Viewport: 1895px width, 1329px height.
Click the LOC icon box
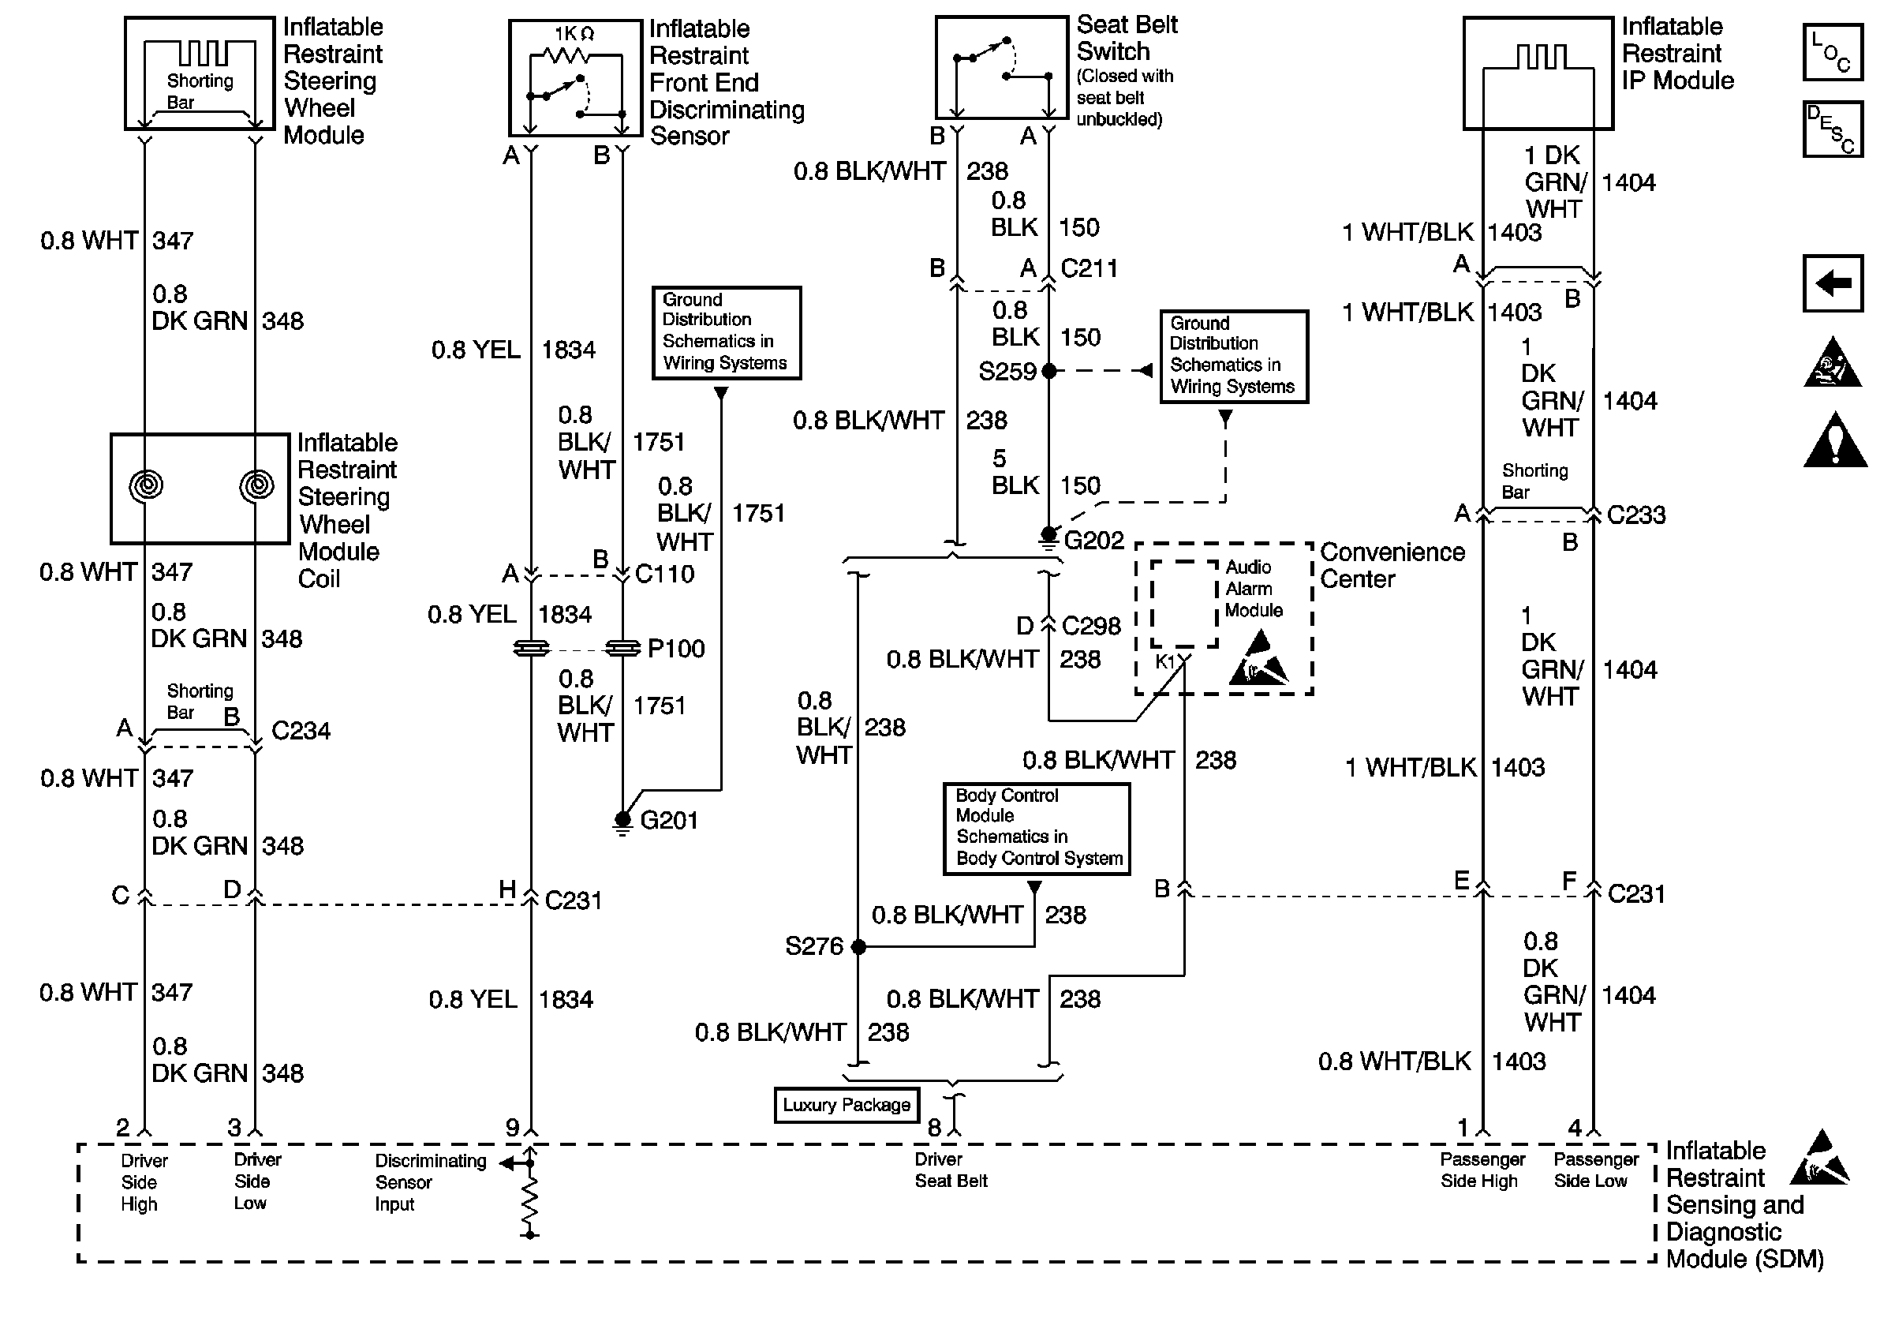click(x=1832, y=52)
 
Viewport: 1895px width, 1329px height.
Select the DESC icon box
click(x=1832, y=129)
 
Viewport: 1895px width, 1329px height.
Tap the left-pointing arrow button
click(x=1832, y=283)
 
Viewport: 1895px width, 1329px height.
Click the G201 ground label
click(x=668, y=821)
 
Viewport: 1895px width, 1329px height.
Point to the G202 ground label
click(x=1093, y=541)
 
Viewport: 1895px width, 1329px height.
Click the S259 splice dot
click(x=1049, y=372)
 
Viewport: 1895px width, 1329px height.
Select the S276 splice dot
click(x=858, y=947)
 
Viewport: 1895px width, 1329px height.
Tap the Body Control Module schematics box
click(x=1037, y=829)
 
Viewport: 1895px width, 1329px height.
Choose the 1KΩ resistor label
click(x=574, y=34)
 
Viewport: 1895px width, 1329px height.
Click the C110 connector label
click(x=664, y=574)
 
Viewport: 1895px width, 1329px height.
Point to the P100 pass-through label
click(x=676, y=649)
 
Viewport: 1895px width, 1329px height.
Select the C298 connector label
click(x=1091, y=627)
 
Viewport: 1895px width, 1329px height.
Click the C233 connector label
click(x=1636, y=515)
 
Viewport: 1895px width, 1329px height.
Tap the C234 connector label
click(x=301, y=731)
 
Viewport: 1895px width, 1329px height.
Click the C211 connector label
click(x=1089, y=269)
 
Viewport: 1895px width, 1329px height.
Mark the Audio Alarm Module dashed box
click(x=1184, y=604)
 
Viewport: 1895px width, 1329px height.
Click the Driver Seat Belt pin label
click(x=951, y=1170)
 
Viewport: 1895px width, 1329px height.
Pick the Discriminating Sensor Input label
click(x=431, y=1183)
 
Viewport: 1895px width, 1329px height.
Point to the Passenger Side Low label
click(x=1595, y=1170)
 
